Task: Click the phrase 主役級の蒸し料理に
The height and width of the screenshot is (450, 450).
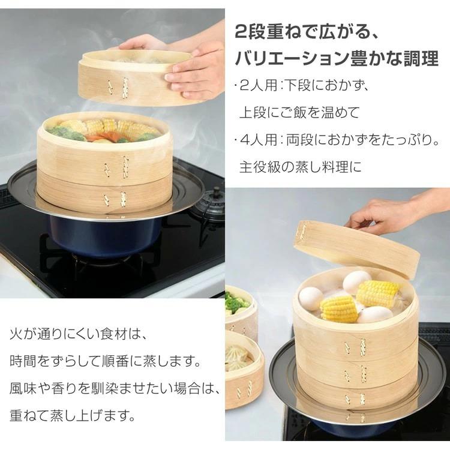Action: (301, 166)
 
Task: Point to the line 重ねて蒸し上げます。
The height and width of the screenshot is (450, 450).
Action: (72, 414)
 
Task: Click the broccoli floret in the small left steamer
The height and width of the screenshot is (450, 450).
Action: (237, 302)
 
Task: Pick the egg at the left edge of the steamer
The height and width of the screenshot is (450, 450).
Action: (311, 298)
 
